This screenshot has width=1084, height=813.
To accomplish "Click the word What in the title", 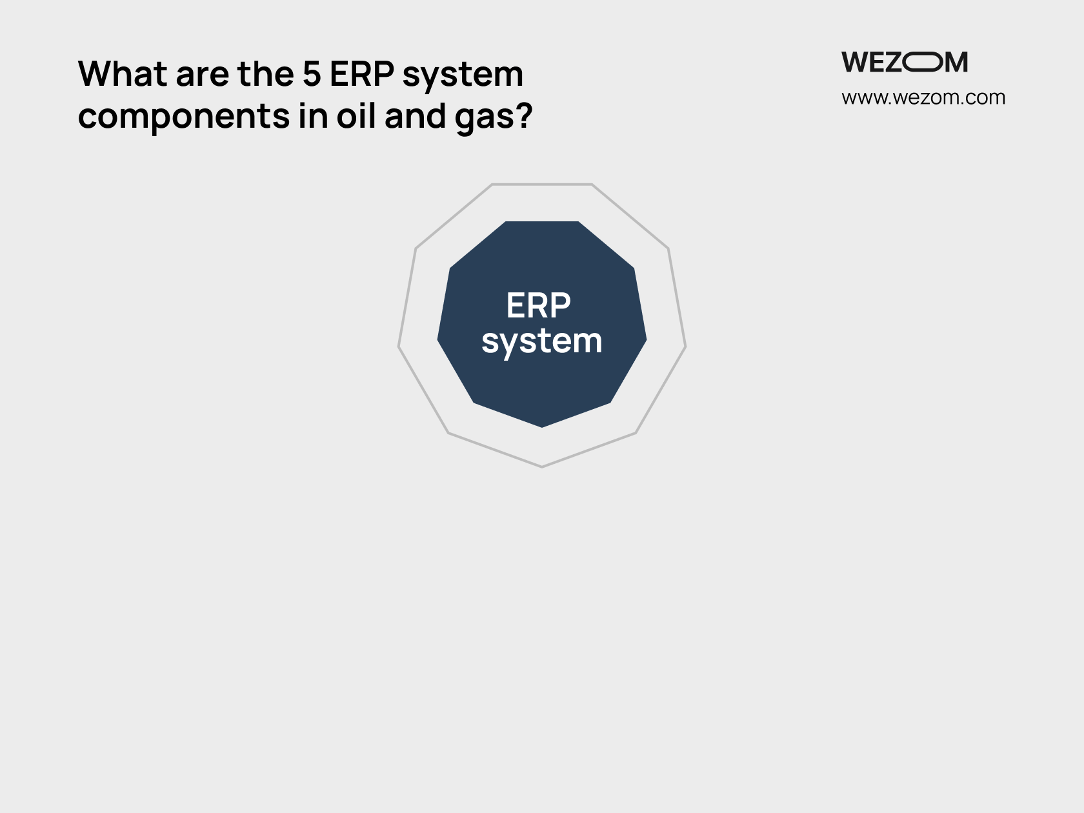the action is coord(123,74).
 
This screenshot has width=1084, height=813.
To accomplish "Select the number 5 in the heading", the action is coord(312,74).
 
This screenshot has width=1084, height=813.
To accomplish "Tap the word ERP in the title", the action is coord(362,74).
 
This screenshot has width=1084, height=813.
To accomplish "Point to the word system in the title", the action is coord(463,77).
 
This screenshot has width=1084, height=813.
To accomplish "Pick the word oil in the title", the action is coord(356,116).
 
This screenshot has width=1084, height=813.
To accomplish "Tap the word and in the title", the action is coord(416,116).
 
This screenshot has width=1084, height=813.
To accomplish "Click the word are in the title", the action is coord(203,77).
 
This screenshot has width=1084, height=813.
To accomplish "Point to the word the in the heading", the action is coord(266,74).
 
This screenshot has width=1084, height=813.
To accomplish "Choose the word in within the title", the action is coord(313,116).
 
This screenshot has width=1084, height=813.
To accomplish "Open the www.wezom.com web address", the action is coord(923,97).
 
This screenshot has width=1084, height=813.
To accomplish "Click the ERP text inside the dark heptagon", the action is coord(538,305).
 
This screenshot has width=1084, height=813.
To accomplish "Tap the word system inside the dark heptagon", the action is coord(542,342).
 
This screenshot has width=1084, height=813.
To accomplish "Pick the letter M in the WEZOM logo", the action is coord(956,62).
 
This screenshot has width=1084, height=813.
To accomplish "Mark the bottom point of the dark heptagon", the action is coord(542,428).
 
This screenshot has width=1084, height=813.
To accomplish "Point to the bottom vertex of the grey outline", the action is coord(542,467).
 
